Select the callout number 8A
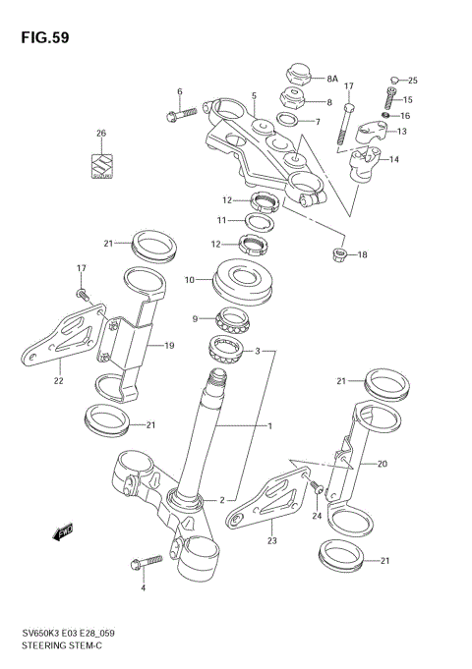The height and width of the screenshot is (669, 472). (332, 77)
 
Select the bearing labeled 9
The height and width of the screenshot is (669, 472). (234, 318)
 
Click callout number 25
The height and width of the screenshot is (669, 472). (413, 80)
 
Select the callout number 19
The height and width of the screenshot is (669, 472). (169, 346)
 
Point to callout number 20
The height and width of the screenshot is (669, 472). (383, 465)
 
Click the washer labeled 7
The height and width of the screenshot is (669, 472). (290, 122)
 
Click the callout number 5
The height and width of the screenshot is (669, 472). (254, 96)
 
